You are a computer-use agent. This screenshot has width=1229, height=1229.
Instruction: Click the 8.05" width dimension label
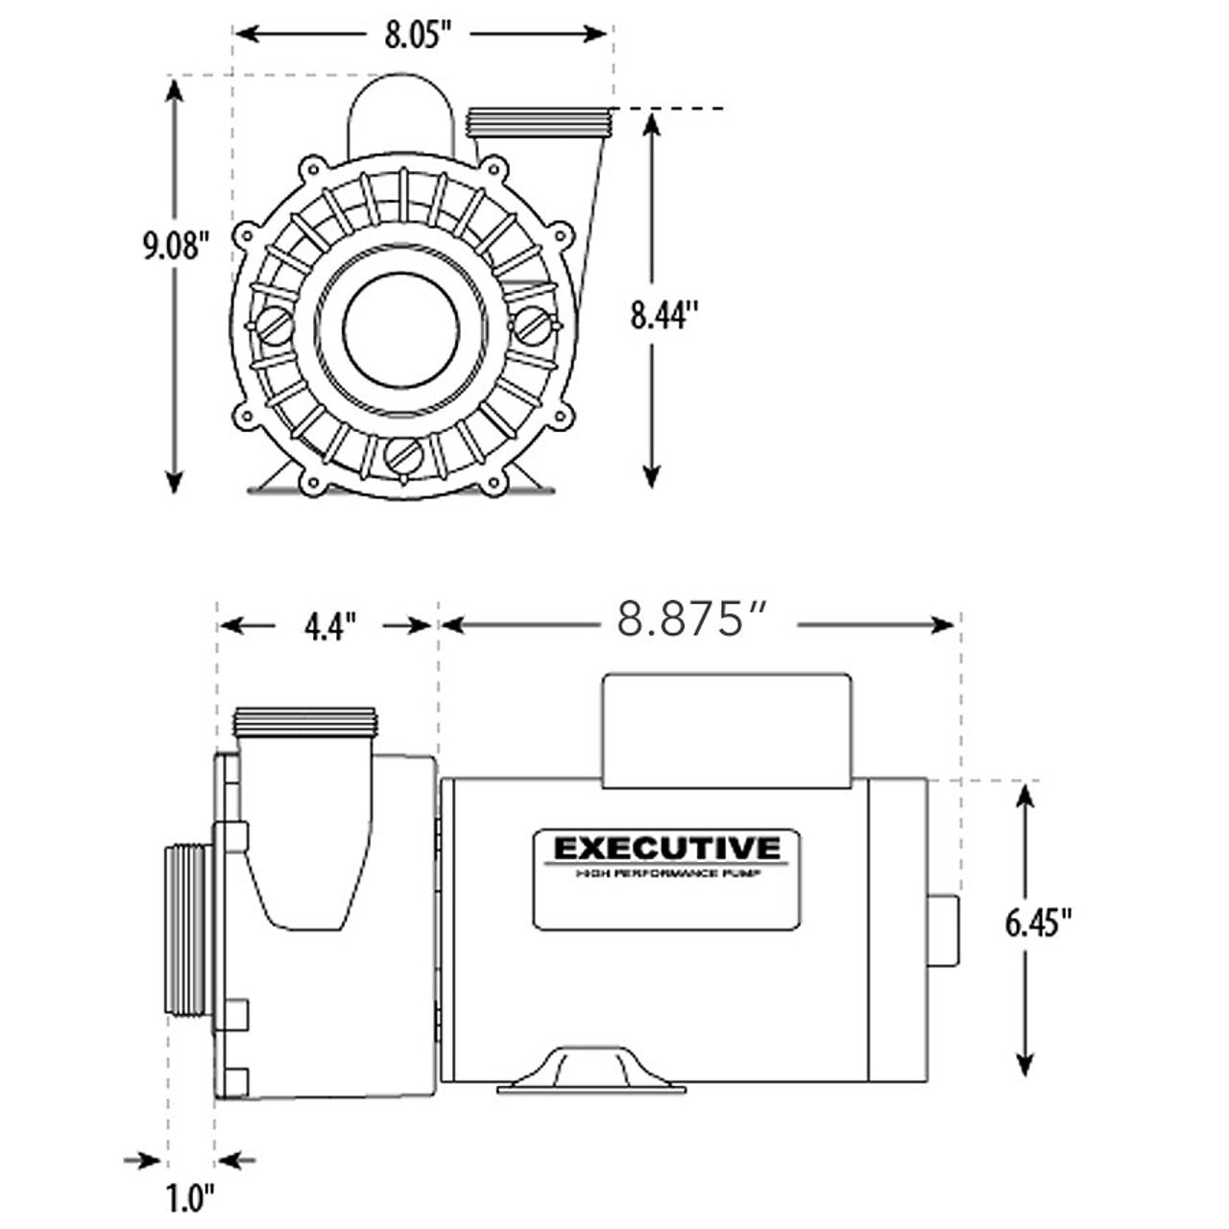coord(418,36)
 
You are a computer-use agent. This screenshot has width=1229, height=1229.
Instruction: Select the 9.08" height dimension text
coord(175,246)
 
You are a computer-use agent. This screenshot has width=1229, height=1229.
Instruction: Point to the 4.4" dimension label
coord(330,627)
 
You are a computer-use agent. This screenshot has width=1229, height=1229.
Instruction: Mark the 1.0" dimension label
coord(188,1197)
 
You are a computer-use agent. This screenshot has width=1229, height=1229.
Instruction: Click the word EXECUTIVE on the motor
coord(666,849)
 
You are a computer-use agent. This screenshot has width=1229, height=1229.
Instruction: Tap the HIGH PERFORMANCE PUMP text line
coord(666,873)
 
